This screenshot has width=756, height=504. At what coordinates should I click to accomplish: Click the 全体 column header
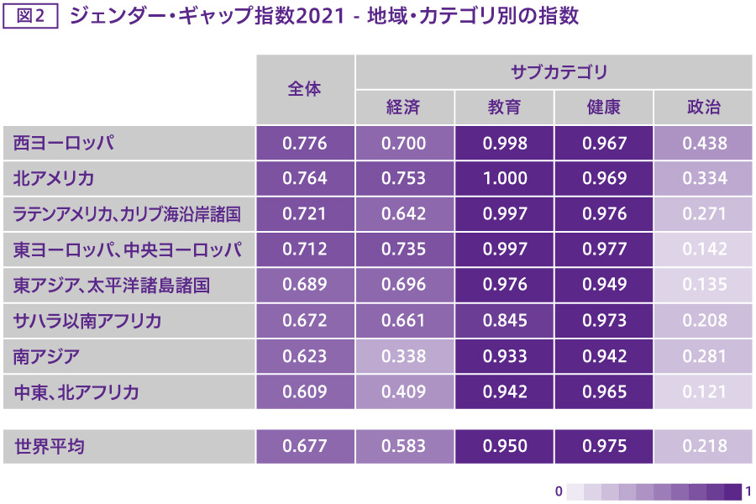click(x=304, y=89)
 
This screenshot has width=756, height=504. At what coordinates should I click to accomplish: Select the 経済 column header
click(x=403, y=108)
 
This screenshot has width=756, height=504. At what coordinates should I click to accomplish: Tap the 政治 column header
click(x=704, y=108)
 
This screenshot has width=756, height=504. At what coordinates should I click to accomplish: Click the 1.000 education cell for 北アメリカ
click(x=505, y=179)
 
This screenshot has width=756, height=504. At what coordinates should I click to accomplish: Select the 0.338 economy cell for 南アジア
click(x=403, y=356)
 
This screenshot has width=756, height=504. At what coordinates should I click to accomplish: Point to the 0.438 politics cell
click(x=704, y=144)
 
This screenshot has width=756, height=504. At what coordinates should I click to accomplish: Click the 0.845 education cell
click(x=505, y=321)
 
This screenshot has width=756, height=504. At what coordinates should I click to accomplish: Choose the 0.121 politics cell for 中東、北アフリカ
click(x=704, y=392)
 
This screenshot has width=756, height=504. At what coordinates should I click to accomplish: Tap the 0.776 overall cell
click(x=304, y=144)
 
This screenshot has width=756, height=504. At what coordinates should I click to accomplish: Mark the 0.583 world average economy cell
click(x=403, y=446)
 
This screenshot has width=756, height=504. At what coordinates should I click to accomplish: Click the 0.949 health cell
click(x=604, y=286)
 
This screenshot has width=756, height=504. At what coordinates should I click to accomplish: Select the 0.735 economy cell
click(x=403, y=249)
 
